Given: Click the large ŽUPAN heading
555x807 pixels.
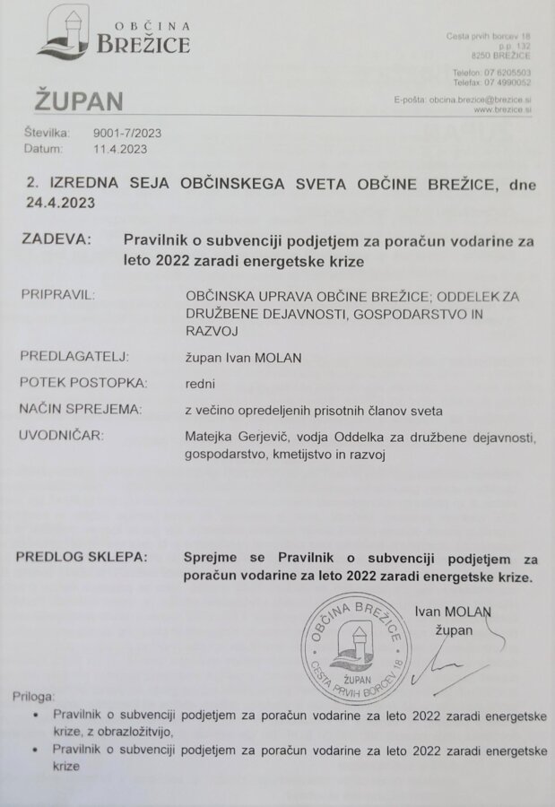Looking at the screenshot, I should pos(80,100).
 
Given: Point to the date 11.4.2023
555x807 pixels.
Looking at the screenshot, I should pos(120,149).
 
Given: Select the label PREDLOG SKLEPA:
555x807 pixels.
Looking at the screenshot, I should pos(81,557).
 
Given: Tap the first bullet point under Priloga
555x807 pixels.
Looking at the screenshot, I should pos(35,715).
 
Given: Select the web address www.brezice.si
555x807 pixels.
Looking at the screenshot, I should pos(502,109).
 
